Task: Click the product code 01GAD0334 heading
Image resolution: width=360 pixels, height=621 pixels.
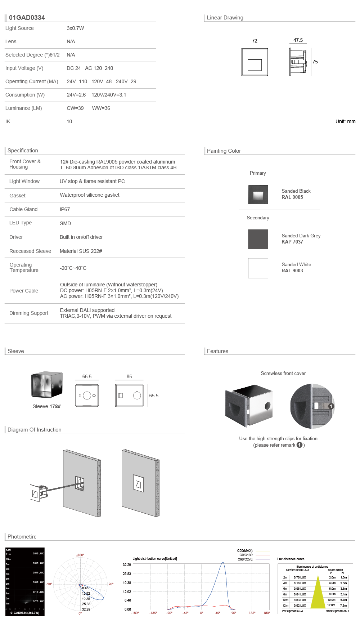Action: tap(27, 18)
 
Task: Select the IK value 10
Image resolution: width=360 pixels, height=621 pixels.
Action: tap(69, 122)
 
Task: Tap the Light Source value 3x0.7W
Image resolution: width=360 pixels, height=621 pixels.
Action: tap(75, 28)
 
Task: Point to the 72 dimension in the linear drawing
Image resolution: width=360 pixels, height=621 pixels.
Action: tap(255, 41)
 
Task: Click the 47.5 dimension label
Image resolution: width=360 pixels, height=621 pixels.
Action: tap(298, 40)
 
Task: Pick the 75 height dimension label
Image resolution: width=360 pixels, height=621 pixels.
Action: tap(315, 62)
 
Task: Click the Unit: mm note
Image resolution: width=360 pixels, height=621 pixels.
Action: tap(345, 122)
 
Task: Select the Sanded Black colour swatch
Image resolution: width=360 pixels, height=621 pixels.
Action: tap(258, 195)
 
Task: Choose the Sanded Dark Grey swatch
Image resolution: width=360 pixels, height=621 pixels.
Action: tap(258, 239)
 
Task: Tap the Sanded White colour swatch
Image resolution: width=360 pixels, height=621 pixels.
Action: tap(258, 268)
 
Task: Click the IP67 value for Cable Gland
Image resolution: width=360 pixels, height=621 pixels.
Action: tap(65, 210)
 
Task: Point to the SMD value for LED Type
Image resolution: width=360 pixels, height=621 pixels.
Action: tap(65, 223)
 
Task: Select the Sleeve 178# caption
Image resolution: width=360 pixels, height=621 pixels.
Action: tap(47, 407)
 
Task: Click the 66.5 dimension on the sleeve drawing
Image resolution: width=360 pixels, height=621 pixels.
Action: tap(87, 377)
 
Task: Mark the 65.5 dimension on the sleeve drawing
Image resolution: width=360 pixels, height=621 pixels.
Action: tap(154, 396)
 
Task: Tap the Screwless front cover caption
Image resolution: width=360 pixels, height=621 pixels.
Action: tap(283, 374)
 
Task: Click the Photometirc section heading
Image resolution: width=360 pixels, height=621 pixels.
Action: tap(22, 537)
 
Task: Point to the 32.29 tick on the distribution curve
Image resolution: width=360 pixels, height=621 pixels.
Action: tap(127, 565)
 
